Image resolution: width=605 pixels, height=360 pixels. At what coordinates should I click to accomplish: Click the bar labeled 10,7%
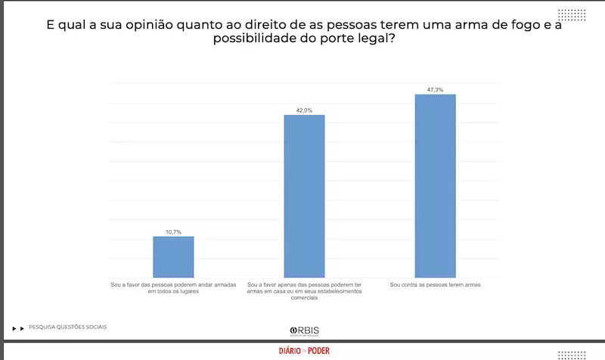pos(173,257)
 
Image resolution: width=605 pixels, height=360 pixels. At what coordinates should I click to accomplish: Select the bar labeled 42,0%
pos(304,196)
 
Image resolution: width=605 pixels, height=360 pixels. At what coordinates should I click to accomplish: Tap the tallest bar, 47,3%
pos(435,185)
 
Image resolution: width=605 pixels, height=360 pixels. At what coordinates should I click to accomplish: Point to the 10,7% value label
pos(174,231)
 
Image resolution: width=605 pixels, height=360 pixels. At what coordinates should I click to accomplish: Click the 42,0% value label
pos(304,110)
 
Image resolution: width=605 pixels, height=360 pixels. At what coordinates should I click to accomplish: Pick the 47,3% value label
pos(435,90)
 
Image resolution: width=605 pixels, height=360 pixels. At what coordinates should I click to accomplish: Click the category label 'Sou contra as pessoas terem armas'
pos(435,285)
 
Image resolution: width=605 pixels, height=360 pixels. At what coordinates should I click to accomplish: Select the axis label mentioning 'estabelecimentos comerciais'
pos(304,291)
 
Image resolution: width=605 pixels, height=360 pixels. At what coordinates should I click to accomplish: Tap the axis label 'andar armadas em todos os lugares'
pos(173,288)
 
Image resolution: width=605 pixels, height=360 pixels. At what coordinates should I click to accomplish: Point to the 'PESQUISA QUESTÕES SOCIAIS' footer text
pos(68,327)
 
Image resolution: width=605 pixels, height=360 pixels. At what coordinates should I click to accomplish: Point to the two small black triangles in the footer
pos(19,328)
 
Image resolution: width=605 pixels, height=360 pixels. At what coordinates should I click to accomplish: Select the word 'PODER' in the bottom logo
pos(318,351)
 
